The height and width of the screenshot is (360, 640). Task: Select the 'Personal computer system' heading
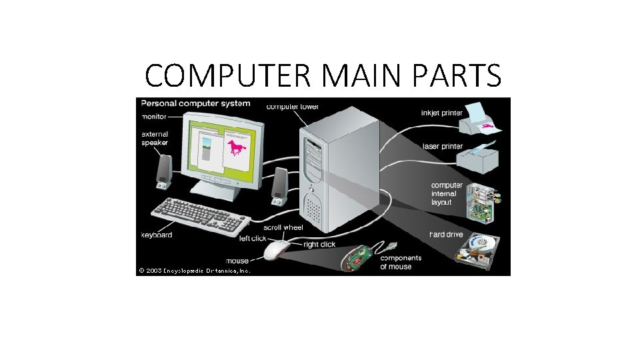pyautogui.click(x=195, y=103)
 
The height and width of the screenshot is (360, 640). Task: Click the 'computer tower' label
pyautogui.click(x=293, y=106)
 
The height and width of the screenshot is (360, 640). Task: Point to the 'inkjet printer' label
pyautogui.click(x=441, y=113)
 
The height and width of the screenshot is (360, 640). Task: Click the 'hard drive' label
pyautogui.click(x=446, y=235)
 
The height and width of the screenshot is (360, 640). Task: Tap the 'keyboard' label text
pyautogui.click(x=157, y=235)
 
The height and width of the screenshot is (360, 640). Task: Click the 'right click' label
pyautogui.click(x=319, y=245)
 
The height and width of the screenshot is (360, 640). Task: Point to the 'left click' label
pyautogui.click(x=253, y=238)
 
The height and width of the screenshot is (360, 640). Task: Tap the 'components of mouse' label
pyautogui.click(x=400, y=262)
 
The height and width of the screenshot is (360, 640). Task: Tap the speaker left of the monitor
pyautogui.click(x=163, y=171)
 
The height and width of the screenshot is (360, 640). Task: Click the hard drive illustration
pyautogui.click(x=478, y=251)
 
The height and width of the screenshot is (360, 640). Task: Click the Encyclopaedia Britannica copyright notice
pyautogui.click(x=194, y=271)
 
